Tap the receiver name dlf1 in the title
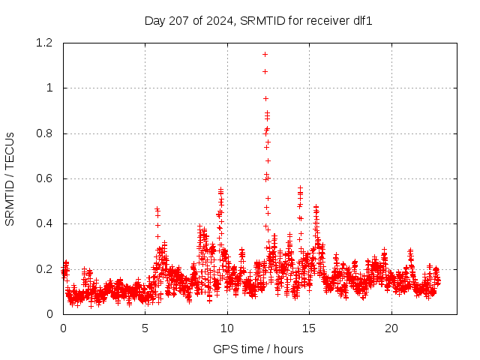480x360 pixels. click(x=361, y=20)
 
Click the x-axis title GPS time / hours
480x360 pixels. click(x=258, y=349)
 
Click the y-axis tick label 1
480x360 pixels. click(x=49, y=88)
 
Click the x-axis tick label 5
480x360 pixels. click(x=145, y=328)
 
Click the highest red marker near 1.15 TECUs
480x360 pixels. click(x=265, y=54)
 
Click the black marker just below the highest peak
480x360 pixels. click(x=265, y=71)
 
